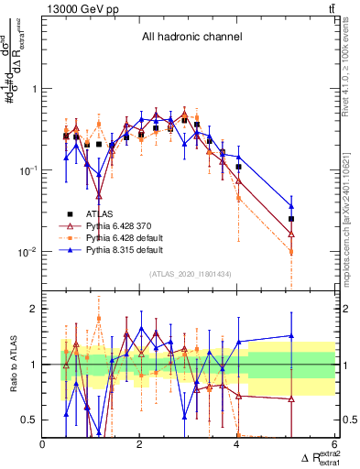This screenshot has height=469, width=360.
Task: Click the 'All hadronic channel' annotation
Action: click(191, 38)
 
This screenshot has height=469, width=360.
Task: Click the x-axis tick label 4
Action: click(236, 445)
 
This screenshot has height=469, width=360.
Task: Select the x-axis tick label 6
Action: click(333, 445)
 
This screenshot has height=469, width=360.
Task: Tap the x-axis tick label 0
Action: click(43, 445)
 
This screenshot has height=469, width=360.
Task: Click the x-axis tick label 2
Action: click(139, 445)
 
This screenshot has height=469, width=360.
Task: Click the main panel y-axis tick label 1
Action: click(34, 89)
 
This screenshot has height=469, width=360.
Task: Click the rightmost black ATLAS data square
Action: click(291, 219)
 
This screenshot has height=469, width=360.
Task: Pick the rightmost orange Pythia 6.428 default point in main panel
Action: click(291, 252)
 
